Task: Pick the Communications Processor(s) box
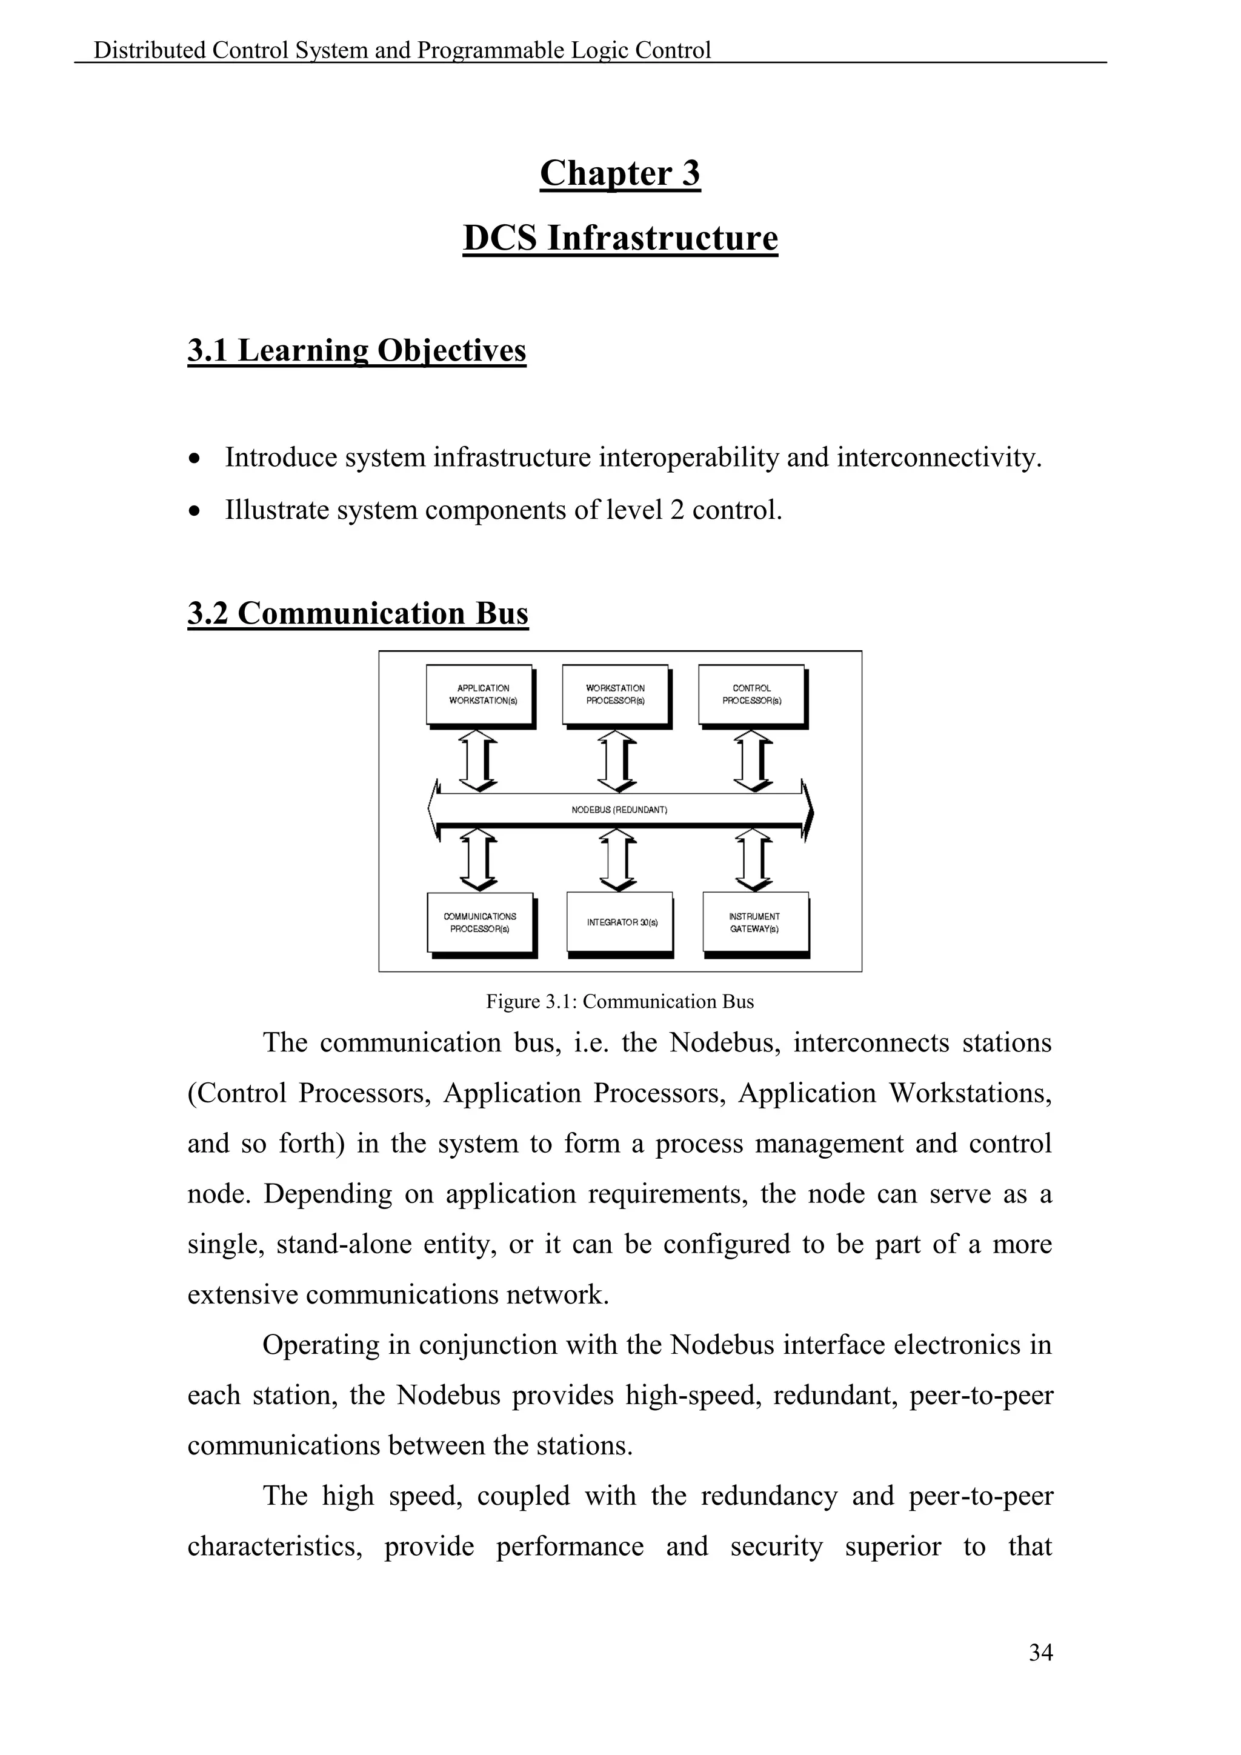tap(480, 922)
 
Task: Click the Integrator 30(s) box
tap(620, 922)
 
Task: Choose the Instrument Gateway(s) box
tap(755, 922)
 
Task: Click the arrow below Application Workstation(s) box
tap(478, 760)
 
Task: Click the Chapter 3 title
tap(620, 173)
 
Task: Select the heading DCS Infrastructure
tap(620, 238)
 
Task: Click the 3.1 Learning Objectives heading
tap(357, 350)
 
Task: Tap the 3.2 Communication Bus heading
tap(358, 613)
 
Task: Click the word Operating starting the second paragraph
tap(320, 1345)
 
